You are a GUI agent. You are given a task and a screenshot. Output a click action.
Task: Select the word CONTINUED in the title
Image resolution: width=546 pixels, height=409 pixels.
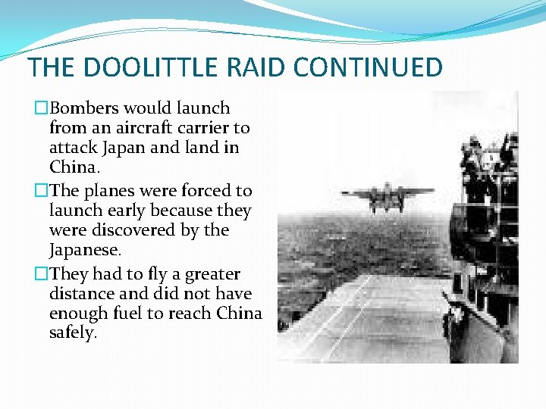coord(368,67)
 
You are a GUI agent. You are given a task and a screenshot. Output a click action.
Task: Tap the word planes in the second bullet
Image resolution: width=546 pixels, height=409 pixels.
coord(105,191)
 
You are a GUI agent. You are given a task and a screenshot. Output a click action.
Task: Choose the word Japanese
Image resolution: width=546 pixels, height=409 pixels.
coord(83,250)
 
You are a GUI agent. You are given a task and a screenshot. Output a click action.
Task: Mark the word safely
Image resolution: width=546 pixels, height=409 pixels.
coord(73,333)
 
